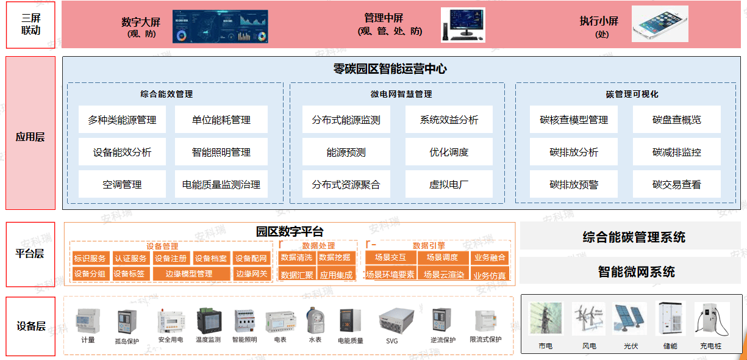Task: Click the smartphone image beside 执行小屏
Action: [x=660, y=24]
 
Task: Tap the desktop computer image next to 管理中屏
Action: [x=463, y=25]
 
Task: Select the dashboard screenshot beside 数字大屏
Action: [x=220, y=26]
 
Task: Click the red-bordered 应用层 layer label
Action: [x=30, y=133]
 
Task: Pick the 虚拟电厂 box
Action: [x=449, y=184]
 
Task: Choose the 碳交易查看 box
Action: [x=676, y=184]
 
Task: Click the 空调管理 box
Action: [x=122, y=184]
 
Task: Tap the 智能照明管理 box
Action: [x=221, y=152]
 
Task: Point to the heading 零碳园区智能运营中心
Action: [x=390, y=69]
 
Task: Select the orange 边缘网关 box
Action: [x=251, y=274]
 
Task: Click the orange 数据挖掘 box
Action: [x=335, y=258]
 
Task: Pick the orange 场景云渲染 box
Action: [x=444, y=275]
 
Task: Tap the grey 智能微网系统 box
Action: [x=631, y=272]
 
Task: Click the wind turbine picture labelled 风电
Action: [x=589, y=319]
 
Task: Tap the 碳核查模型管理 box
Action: [x=574, y=120]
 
